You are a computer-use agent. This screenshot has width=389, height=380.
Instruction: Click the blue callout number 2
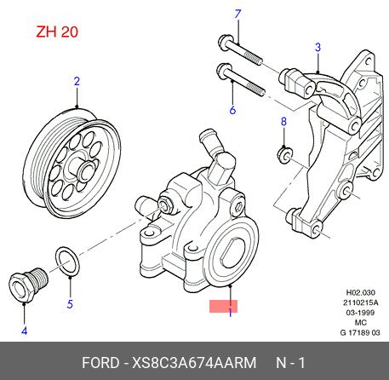(77, 82)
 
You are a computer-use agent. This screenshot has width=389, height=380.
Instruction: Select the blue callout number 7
(237, 14)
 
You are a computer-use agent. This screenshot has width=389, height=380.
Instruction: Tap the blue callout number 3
(317, 48)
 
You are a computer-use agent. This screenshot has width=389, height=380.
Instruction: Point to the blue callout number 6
(232, 110)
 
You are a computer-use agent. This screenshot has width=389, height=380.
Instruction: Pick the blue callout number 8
(283, 122)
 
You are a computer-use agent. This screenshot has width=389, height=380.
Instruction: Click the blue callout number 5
(70, 304)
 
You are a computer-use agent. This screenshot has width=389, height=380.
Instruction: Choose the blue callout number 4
(25, 331)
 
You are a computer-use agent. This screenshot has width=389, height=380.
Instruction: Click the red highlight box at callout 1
(223, 306)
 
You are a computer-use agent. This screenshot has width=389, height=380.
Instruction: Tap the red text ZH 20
(57, 32)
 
